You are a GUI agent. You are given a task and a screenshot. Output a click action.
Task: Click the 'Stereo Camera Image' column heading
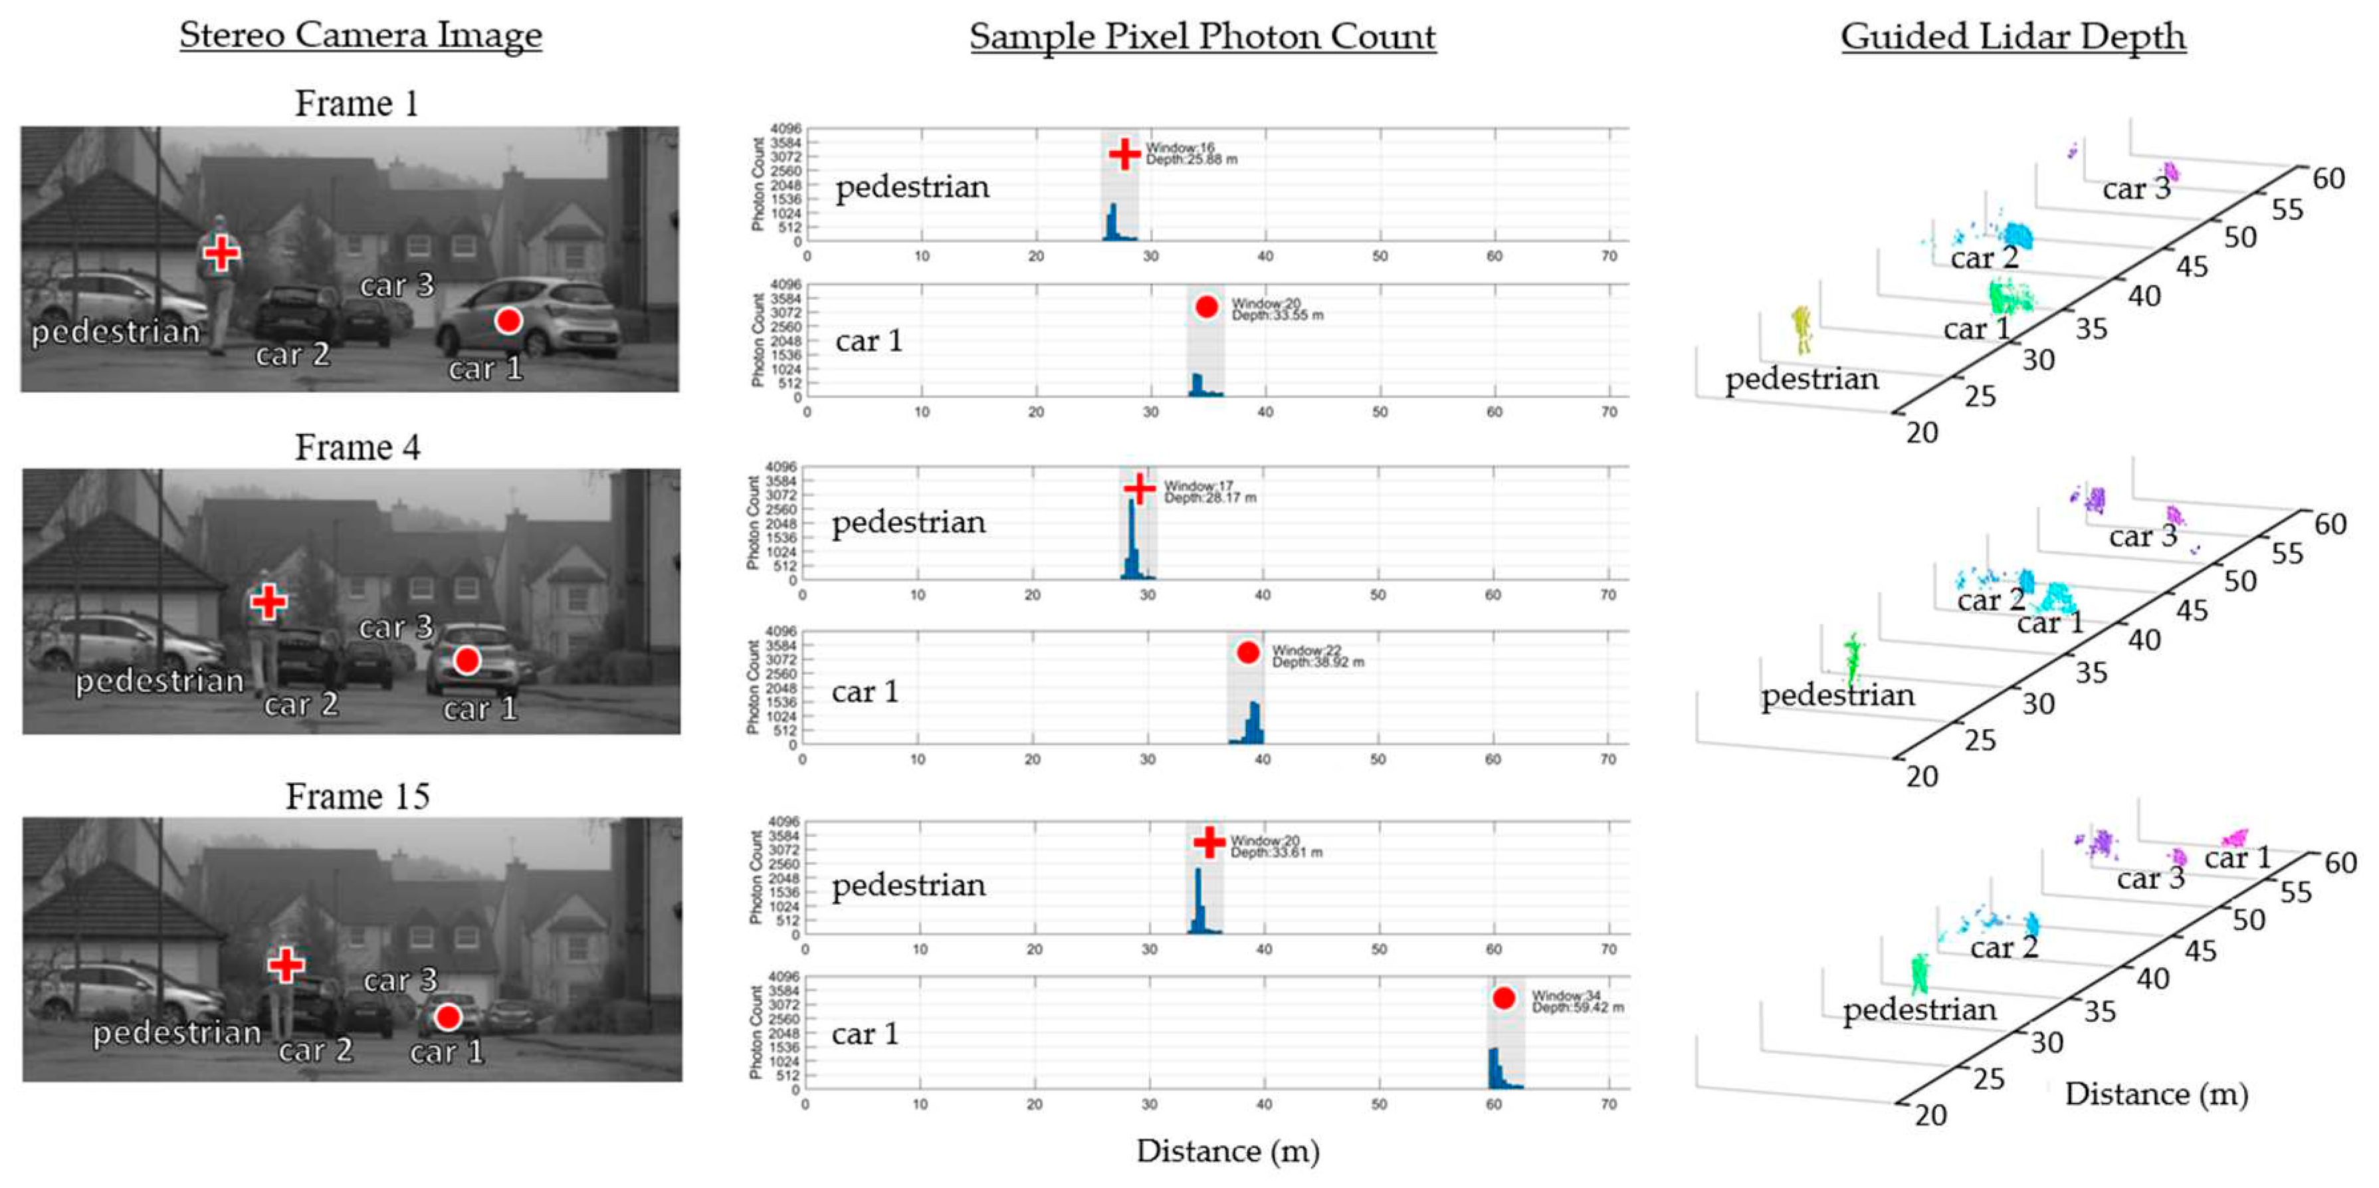point(360,36)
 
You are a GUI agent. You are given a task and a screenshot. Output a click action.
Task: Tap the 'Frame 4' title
point(358,447)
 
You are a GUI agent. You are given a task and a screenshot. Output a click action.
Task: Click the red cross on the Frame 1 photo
point(221,252)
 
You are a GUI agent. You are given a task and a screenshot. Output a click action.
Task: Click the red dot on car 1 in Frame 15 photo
point(448,1017)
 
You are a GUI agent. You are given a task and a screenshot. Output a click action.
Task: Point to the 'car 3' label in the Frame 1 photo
point(396,285)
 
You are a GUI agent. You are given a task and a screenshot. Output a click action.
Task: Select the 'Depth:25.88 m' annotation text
point(1191,160)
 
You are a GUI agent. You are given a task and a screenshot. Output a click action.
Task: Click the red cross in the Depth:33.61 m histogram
point(1208,842)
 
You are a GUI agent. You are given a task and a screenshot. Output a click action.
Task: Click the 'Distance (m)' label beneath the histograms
point(1227,1151)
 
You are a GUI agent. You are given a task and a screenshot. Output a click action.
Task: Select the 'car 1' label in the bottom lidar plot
point(2237,858)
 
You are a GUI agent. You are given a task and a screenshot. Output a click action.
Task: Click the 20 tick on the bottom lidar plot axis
point(1930,1115)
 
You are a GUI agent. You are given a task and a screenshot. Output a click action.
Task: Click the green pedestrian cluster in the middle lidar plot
point(1851,657)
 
